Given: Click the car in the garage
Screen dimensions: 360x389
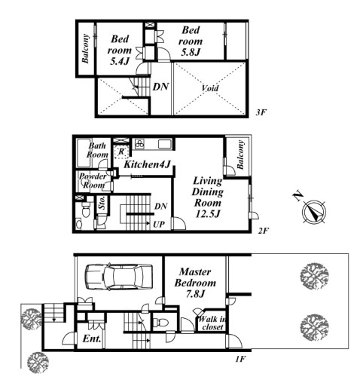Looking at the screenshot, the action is (x=119, y=277).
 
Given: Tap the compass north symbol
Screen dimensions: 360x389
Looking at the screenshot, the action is (x=314, y=212).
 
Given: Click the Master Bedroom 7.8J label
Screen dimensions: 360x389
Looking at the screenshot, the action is (x=195, y=283).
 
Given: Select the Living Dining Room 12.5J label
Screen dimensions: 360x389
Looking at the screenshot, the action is (x=207, y=197).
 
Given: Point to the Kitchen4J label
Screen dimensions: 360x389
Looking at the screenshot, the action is (x=148, y=164).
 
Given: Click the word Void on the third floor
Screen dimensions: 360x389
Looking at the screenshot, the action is (x=210, y=88).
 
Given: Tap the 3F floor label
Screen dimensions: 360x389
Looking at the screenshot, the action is (x=261, y=112).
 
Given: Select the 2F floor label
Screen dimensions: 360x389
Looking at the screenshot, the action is (x=264, y=231).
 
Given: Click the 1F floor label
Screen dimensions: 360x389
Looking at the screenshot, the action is (x=240, y=359).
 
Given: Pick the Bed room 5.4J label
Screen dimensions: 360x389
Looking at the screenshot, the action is (x=120, y=51).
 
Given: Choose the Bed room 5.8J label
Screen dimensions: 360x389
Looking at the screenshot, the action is (x=191, y=41).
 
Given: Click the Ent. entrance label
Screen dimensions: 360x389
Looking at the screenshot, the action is (x=92, y=338).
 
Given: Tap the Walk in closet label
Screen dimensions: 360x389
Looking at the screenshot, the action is (x=212, y=323).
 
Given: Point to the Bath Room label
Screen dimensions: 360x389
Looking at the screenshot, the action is (x=97, y=150).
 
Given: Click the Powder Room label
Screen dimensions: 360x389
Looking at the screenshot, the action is (x=93, y=181).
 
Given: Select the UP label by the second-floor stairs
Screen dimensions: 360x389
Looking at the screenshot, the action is (x=159, y=225).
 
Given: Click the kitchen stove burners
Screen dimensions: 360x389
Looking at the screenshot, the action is (x=140, y=144).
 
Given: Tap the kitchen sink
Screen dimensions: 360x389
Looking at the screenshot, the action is (x=165, y=144).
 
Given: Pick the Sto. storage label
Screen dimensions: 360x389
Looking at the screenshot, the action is (x=102, y=203).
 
